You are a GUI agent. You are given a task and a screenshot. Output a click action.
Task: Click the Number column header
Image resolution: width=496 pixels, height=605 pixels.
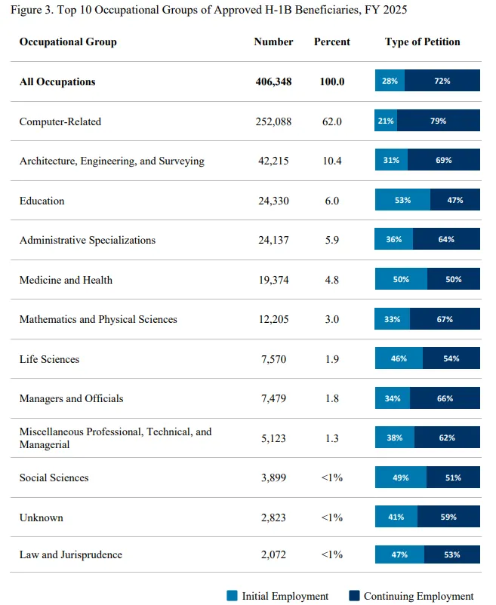pos(273,41)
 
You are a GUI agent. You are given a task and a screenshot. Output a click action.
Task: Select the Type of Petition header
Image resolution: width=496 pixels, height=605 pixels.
pos(422,41)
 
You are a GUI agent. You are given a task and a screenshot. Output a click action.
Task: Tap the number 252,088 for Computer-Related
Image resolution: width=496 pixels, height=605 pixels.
pos(273,121)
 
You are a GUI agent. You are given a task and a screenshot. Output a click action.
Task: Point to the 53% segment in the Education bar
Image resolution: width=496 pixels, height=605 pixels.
pos(402,200)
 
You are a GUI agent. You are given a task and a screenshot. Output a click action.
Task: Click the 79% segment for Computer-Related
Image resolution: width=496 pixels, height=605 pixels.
pos(439,121)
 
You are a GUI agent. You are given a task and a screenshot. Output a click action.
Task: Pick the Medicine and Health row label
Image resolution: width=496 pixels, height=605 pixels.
pos(66,280)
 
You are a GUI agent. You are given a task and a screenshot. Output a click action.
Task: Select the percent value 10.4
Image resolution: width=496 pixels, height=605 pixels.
pos(332,161)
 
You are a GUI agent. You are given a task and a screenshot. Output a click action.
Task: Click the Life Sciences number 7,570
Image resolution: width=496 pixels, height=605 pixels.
pos(273,359)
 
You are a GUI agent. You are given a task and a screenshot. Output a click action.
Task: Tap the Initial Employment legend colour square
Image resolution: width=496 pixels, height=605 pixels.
pos(232,595)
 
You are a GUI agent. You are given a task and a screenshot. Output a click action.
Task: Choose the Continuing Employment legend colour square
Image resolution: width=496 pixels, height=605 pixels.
pos(354,595)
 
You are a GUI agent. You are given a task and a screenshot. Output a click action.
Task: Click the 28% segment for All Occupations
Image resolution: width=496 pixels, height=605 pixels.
pos(390,81)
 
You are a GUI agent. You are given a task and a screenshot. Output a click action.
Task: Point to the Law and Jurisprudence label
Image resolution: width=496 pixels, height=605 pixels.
pos(71,554)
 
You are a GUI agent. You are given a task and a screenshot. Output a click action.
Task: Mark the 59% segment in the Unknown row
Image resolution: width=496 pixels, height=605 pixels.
pos(448,517)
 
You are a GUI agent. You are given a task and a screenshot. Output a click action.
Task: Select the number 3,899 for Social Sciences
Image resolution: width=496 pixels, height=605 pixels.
pos(273,478)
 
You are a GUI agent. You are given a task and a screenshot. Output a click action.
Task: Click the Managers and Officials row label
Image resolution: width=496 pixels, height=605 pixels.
pos(72,398)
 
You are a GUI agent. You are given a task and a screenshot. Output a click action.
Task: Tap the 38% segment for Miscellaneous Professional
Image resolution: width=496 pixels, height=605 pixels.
pos(395,438)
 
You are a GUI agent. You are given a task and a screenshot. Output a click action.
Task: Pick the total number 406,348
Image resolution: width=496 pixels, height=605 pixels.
pos(273,81)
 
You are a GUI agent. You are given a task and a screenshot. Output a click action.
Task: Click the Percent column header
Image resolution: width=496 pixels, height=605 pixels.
pos(332,41)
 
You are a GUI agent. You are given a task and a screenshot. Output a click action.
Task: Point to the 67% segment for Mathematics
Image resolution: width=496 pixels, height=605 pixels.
pos(445,319)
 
